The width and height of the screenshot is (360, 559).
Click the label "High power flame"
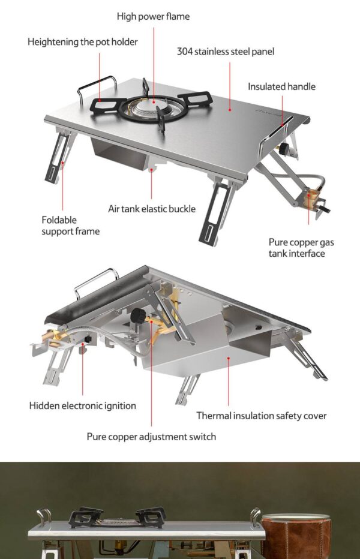point(153,16)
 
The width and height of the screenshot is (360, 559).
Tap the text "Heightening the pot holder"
point(82,42)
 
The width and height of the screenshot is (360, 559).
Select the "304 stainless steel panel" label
point(226,52)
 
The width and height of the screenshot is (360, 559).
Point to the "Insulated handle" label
point(281,86)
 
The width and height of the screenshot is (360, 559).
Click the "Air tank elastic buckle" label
point(152,209)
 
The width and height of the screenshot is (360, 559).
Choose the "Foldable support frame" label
point(70,226)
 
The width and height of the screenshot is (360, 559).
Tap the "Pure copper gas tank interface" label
point(301,248)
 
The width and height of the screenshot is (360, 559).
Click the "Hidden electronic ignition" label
point(82,405)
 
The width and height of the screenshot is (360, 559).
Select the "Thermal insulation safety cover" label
point(261,416)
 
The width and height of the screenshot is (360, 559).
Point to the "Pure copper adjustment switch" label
point(151,437)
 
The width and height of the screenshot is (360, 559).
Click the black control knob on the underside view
point(138,315)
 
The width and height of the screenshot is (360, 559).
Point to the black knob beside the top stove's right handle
point(284,149)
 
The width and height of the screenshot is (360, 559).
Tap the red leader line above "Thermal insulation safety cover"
point(229,381)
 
